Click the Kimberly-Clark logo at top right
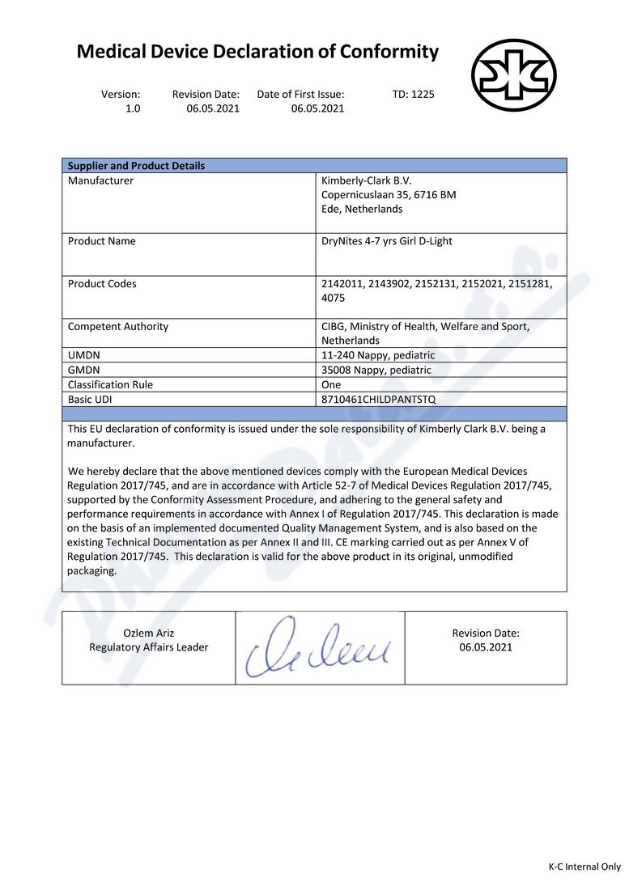click(513, 75)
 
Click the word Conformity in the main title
click(389, 53)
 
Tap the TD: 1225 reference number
click(413, 94)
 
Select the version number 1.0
click(133, 108)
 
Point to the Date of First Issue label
click(300, 94)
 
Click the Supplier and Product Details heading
click(136, 166)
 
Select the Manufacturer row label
click(100, 180)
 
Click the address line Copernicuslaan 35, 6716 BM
click(389, 195)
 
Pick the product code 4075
click(334, 298)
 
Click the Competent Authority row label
click(118, 327)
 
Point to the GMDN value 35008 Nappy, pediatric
click(376, 370)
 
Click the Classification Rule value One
click(331, 384)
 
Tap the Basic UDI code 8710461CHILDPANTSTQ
click(378, 399)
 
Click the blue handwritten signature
click(319, 648)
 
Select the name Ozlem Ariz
click(148, 633)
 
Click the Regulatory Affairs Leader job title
click(148, 647)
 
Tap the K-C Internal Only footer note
click(584, 867)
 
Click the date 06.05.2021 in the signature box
click(486, 647)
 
